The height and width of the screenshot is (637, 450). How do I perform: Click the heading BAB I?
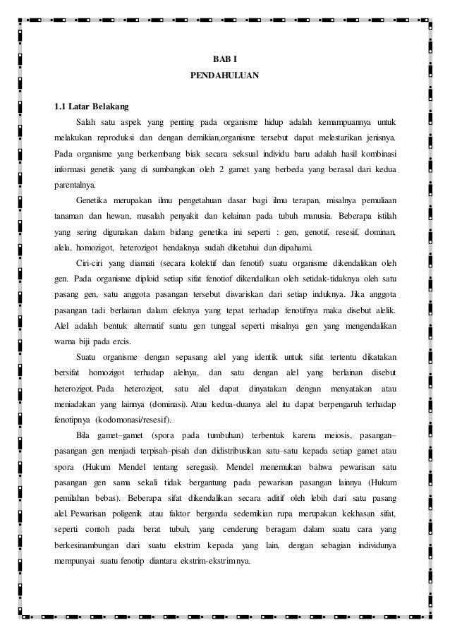click(225, 57)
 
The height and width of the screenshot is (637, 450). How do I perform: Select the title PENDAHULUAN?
click(225, 74)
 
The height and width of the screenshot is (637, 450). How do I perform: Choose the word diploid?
click(148, 280)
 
